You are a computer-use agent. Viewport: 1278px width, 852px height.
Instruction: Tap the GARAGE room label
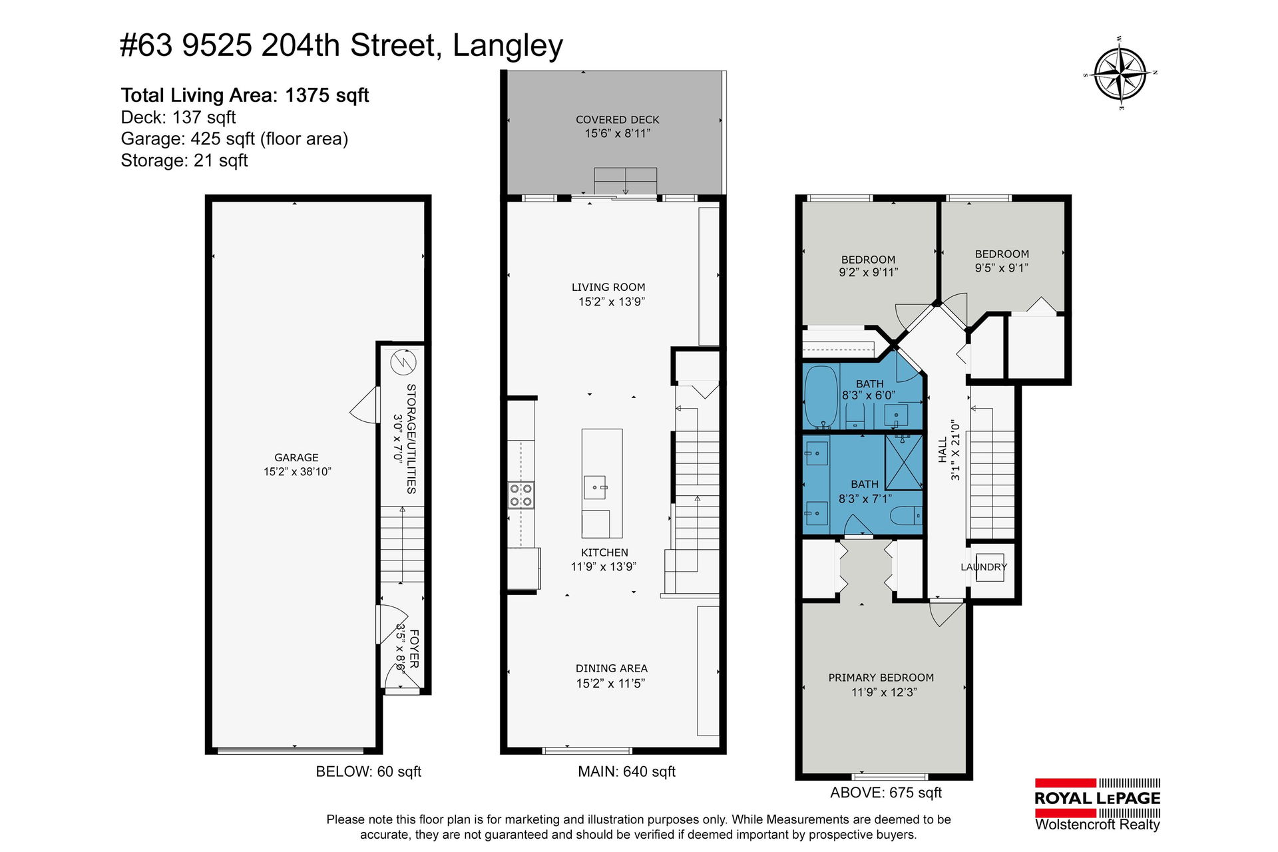pyautogui.click(x=296, y=457)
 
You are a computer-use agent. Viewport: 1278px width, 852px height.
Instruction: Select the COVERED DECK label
pyautogui.click(x=617, y=120)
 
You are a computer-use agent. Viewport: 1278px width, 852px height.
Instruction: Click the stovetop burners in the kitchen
pyautogui.click(x=521, y=495)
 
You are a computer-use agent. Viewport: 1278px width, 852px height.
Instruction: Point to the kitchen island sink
pyautogui.click(x=595, y=488)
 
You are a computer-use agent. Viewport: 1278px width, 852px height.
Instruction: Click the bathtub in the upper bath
pyautogui.click(x=821, y=397)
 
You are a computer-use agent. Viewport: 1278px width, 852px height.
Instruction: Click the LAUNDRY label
pyautogui.click(x=984, y=567)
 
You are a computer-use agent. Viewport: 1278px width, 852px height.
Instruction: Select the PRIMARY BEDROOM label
pyautogui.click(x=881, y=678)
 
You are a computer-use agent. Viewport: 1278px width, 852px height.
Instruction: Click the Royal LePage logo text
pyautogui.click(x=1097, y=798)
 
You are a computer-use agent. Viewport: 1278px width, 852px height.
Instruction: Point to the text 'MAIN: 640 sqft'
pyautogui.click(x=626, y=771)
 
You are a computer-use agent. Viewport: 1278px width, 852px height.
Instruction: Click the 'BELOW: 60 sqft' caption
pyautogui.click(x=368, y=771)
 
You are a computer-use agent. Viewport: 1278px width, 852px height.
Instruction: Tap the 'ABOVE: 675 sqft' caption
pyautogui.click(x=886, y=793)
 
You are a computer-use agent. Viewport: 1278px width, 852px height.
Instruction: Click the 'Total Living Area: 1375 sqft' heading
pyautogui.click(x=244, y=95)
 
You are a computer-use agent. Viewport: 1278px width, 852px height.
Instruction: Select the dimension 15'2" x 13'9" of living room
pyautogui.click(x=611, y=302)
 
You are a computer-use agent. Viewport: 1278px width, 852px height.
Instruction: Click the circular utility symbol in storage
pyautogui.click(x=403, y=363)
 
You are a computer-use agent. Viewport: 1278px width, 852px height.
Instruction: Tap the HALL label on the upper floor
pyautogui.click(x=943, y=450)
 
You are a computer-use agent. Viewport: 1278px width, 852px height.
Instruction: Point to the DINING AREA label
pyautogui.click(x=611, y=668)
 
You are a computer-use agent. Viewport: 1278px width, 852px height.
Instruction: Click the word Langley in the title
pyautogui.click(x=508, y=46)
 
